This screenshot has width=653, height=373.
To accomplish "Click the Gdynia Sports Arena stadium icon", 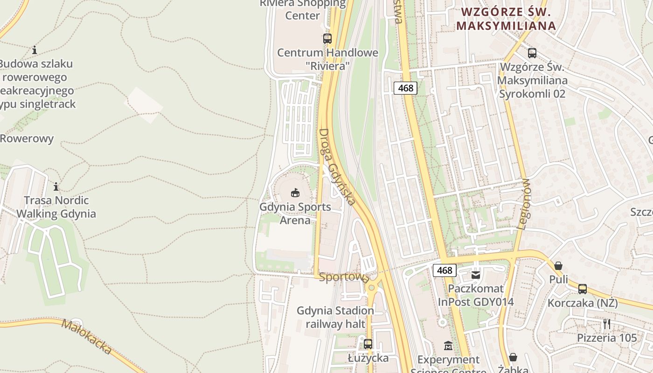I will (295, 192).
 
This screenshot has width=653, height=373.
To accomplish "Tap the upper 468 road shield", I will (405, 88).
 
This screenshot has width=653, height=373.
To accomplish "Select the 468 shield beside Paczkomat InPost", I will (445, 270).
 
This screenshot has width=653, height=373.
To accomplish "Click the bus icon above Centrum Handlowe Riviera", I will (327, 39).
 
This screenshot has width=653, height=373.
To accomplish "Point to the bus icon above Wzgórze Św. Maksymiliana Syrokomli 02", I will (532, 53).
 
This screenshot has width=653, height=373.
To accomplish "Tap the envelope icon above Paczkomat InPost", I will (476, 275).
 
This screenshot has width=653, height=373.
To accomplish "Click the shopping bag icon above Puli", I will (558, 266).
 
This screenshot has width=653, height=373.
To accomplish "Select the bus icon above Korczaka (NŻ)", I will (583, 289).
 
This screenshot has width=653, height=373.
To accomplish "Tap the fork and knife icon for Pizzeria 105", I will (607, 324).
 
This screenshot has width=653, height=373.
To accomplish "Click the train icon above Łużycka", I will (368, 344).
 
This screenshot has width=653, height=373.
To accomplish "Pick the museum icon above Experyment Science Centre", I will (448, 345).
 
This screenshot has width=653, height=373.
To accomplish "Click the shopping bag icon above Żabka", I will (513, 357).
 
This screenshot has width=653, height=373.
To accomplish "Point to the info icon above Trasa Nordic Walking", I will (56, 186).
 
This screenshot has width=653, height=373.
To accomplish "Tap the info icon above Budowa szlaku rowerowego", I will (34, 50).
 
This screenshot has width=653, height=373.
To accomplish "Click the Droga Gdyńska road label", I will (337, 166).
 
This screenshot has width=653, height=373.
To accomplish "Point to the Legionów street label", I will (523, 204).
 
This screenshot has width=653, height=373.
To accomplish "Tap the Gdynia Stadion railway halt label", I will (335, 317).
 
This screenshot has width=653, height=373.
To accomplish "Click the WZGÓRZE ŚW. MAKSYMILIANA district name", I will (507, 19).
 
